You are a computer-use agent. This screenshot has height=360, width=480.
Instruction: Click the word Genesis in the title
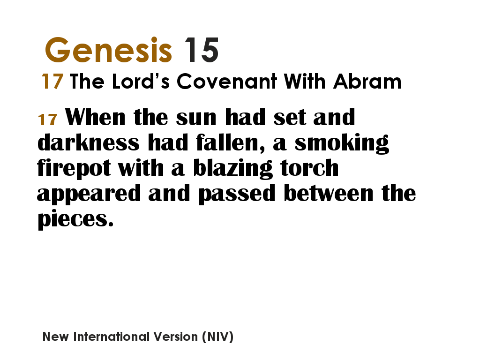[108, 50]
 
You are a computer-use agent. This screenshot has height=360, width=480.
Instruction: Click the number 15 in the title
[201, 50]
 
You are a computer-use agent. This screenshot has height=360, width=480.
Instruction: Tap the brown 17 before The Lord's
[52, 82]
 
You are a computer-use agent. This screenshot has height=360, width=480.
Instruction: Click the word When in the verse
[96, 117]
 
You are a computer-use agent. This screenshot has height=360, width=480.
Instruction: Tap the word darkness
[88, 142]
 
